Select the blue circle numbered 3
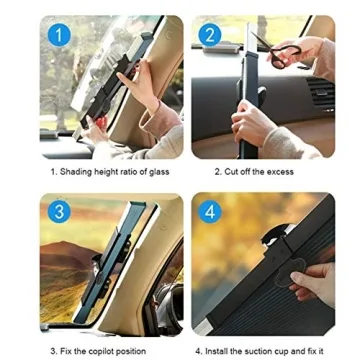coord(57,213)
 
